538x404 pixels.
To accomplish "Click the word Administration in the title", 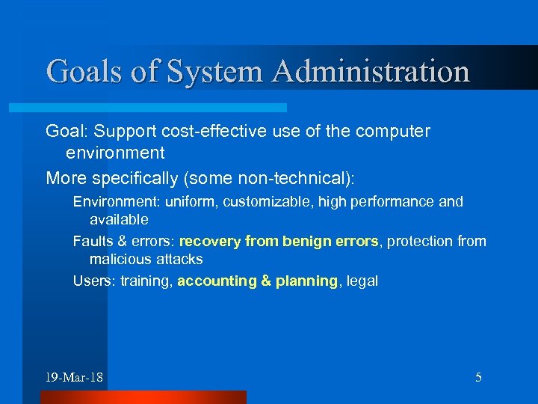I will [371, 71].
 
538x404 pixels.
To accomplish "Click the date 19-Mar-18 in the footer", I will [74, 377].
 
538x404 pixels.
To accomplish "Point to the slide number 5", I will [478, 377].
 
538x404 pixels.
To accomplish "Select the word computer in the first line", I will [394, 132].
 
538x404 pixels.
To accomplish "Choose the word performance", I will [389, 202].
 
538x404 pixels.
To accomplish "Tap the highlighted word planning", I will [306, 281].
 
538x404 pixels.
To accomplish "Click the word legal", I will [362, 281].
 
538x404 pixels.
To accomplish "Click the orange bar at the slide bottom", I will [142, 397].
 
